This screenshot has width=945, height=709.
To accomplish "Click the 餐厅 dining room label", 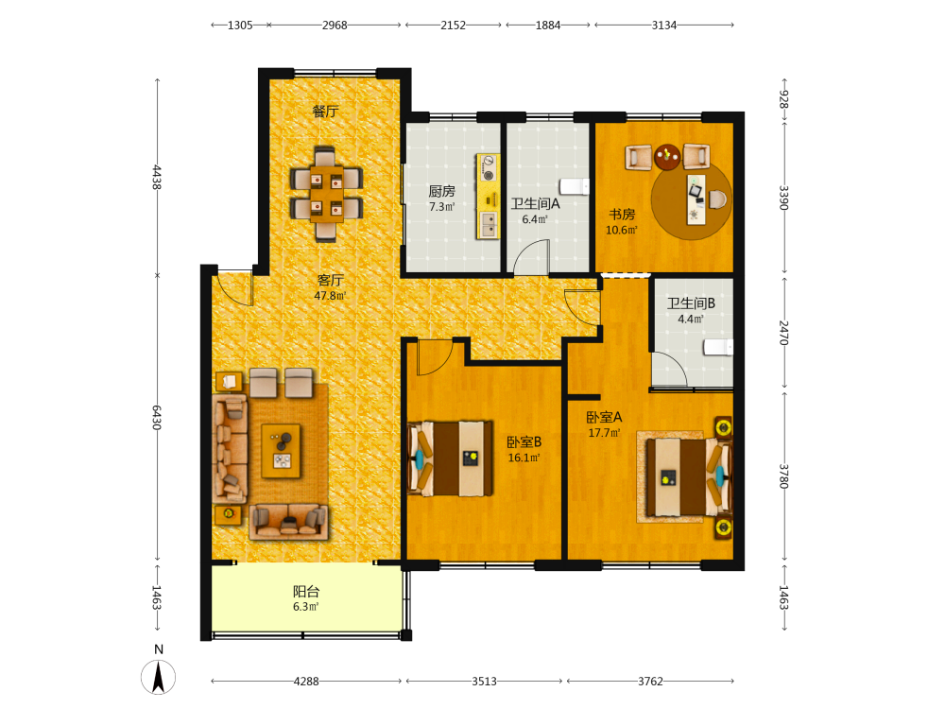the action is [325, 112].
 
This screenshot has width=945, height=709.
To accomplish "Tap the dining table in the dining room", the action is [326, 194].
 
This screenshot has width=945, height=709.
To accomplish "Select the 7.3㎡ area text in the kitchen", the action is [441, 207].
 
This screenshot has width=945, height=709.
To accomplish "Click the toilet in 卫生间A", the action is [575, 186].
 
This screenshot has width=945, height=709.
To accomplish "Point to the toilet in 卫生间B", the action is [718, 347].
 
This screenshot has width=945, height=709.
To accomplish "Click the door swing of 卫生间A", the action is [531, 256].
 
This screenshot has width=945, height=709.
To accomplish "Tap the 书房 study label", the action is [622, 214].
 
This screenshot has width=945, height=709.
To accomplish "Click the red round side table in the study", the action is [667, 156].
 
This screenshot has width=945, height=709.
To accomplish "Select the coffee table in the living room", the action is [281, 451].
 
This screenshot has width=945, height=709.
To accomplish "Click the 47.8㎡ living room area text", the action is [330, 296].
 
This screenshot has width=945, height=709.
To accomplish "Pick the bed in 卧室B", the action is [450, 458].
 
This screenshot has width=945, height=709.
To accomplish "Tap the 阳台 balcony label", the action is [306, 592].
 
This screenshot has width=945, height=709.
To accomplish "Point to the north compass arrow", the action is [159, 677].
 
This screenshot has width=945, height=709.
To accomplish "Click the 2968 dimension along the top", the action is [335, 26].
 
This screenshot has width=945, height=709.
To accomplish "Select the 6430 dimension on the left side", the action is [157, 418].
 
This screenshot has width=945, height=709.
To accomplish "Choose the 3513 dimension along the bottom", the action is [484, 682].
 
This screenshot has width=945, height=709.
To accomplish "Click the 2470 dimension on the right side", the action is [783, 333].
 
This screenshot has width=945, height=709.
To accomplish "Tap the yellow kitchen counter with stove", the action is [489, 196].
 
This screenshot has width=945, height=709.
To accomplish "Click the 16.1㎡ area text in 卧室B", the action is [524, 458].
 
